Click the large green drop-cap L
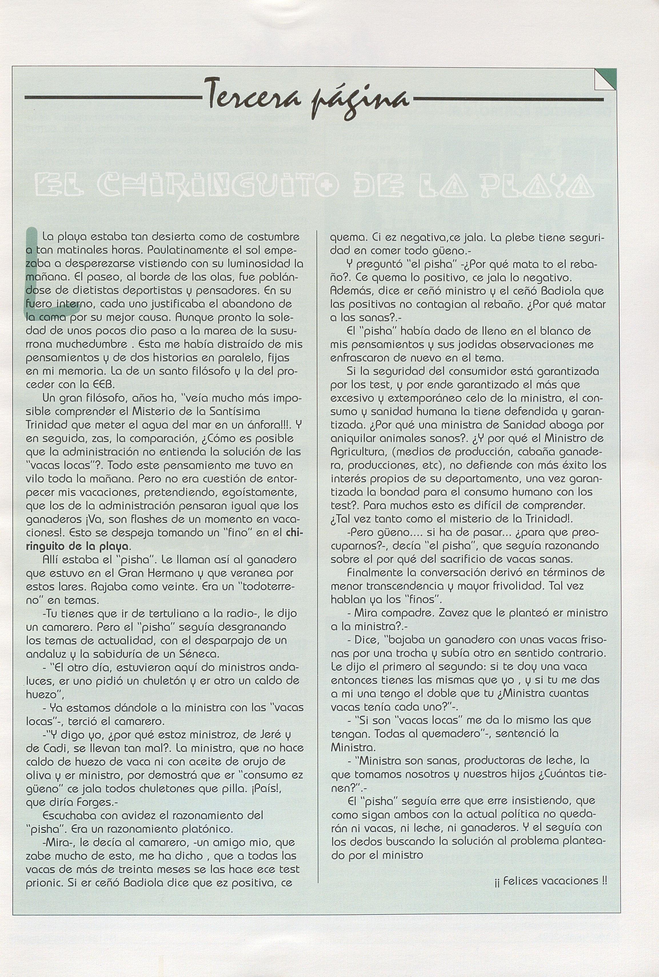coord(36,273)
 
